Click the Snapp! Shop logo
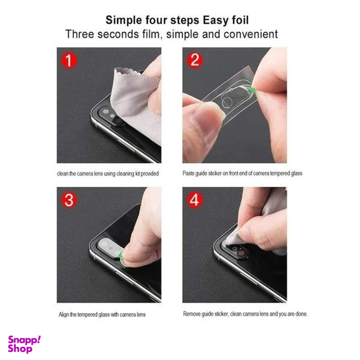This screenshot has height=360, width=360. [x=24, y=344]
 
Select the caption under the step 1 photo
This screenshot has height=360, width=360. [x=109, y=173]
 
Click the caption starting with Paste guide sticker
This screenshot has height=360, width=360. [x=242, y=173]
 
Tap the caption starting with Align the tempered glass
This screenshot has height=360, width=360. [x=102, y=314]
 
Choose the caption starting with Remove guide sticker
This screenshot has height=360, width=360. [x=245, y=314]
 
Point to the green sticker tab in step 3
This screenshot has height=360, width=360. [x=122, y=254]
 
